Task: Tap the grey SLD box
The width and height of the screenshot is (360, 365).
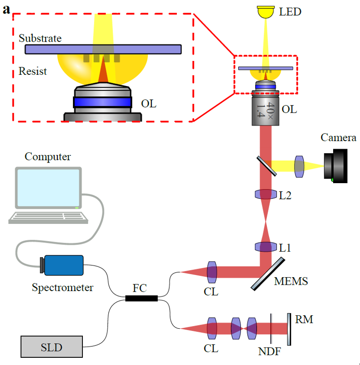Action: tap(52, 347)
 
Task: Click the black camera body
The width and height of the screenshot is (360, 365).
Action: tap(336, 166)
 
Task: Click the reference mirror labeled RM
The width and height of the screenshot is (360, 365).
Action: tap(288, 329)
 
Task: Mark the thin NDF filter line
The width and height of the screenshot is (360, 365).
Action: tap(271, 329)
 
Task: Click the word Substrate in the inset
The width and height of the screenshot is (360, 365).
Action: tap(40, 38)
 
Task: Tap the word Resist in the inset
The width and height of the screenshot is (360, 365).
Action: tap(33, 71)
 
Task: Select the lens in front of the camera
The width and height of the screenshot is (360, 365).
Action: tap(299, 166)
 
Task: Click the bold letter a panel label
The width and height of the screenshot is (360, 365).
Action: tap(7, 10)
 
